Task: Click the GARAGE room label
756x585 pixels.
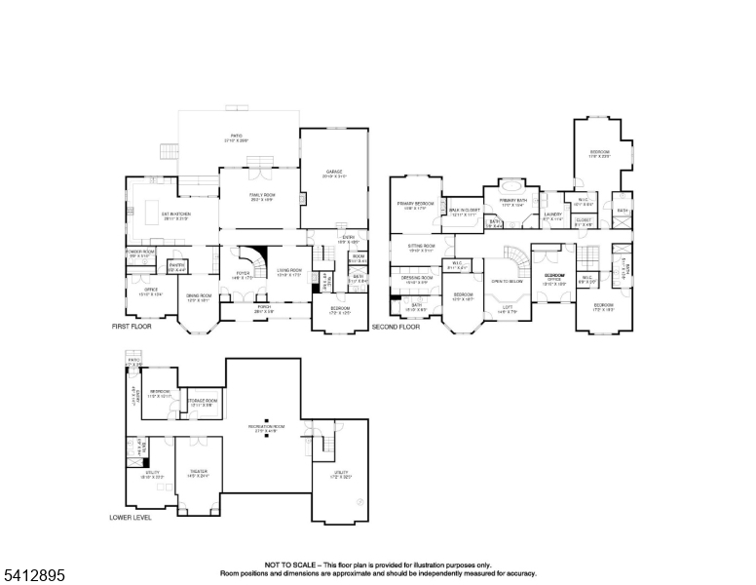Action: pos(334,174)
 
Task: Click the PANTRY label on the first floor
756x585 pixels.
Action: pos(176,266)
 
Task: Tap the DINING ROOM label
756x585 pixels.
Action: pos(200,296)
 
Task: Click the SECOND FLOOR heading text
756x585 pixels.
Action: pos(396,327)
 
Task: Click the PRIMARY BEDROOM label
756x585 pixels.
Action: pos(415,205)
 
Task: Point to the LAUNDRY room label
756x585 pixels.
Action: pos(553,215)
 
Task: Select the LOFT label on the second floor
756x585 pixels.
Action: pos(508,307)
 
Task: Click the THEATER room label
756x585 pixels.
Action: pos(198,472)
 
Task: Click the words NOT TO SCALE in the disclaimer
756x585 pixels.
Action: pos(288,565)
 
